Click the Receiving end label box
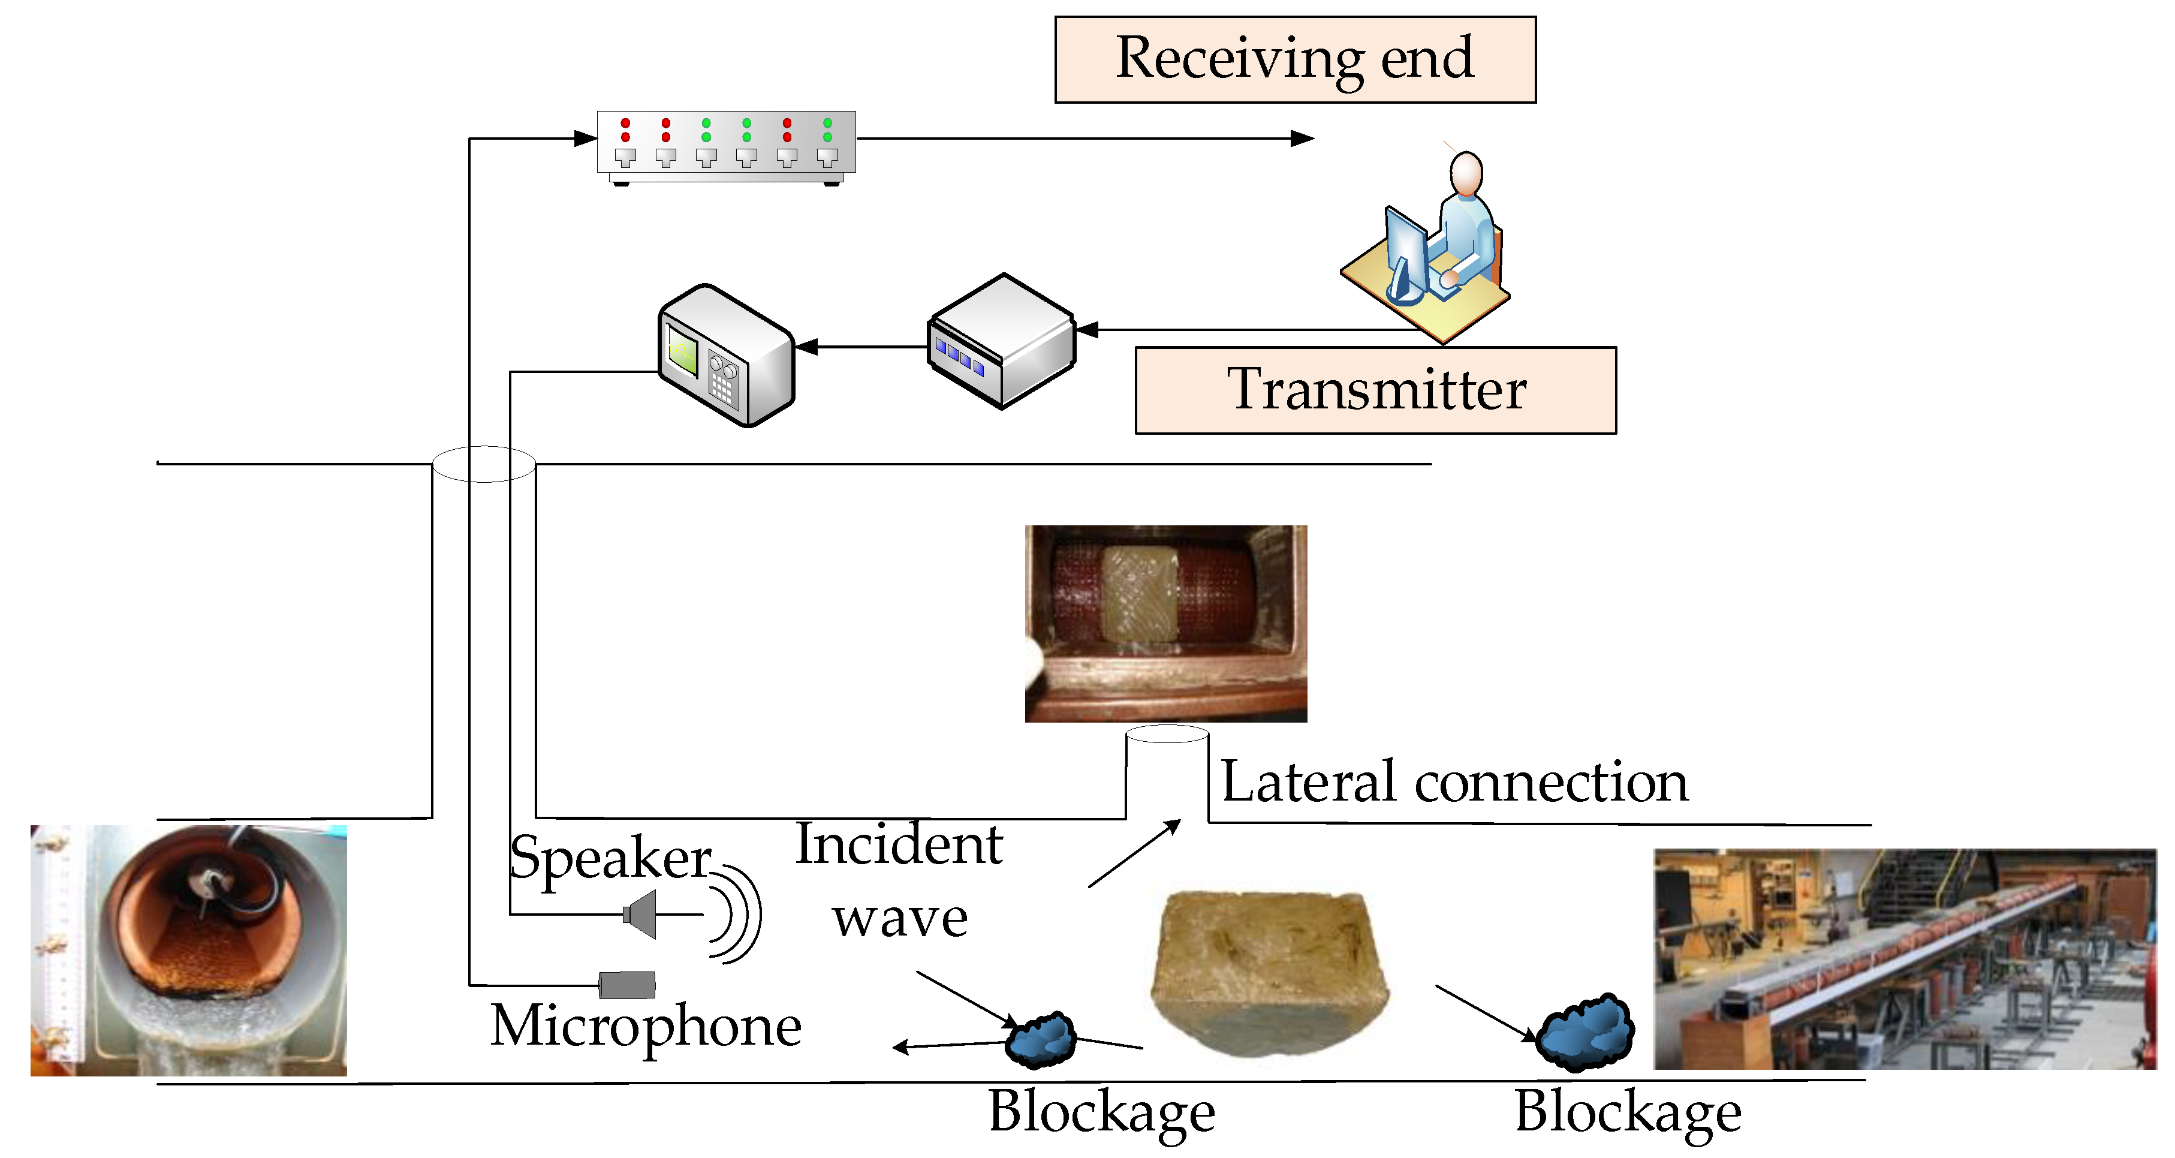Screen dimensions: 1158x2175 (x=1294, y=60)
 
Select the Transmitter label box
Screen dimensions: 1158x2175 (x=1375, y=390)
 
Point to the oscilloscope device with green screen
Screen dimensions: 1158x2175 (x=725, y=356)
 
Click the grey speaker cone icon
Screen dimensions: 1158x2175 (x=641, y=914)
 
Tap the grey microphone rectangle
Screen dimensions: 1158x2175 (x=626, y=985)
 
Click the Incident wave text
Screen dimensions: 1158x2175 (x=899, y=880)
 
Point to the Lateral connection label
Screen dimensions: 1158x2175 (x=1454, y=782)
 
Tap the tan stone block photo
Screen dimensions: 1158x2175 (x=1269, y=971)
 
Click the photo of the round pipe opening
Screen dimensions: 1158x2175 (x=188, y=951)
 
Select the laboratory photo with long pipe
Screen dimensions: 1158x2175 (x=1904, y=959)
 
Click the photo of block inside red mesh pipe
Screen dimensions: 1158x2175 (x=1165, y=623)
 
